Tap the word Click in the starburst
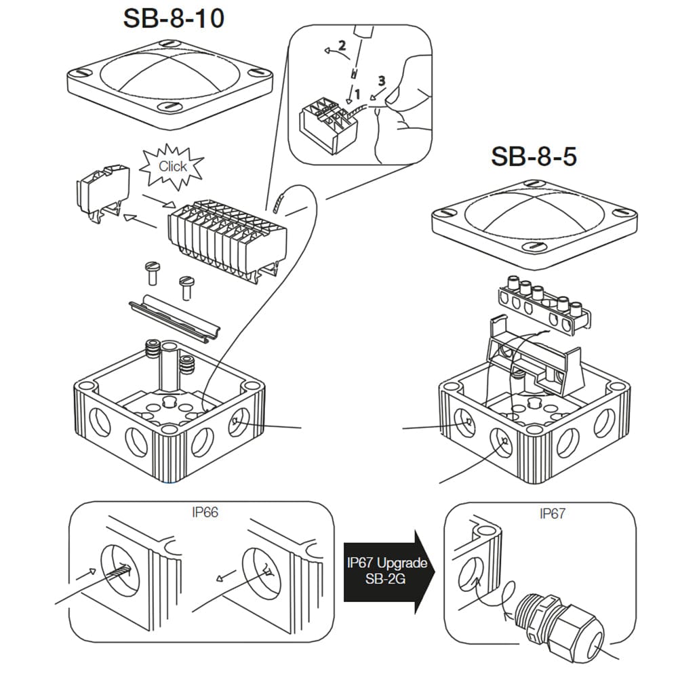pos(172,166)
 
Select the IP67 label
pos(552,513)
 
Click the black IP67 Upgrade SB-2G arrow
pos(386,571)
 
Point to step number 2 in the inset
pos(342,47)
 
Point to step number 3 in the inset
pos(382,80)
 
